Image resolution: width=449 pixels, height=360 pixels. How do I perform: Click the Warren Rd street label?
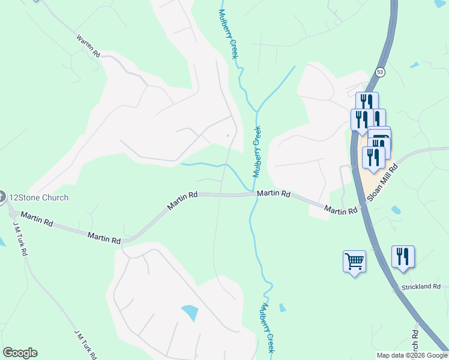click(88, 46)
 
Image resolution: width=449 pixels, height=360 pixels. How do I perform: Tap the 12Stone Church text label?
click(39, 197)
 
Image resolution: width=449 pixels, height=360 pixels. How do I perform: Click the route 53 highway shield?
click(380, 72)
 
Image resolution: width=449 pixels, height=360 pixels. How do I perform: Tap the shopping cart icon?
click(354, 261)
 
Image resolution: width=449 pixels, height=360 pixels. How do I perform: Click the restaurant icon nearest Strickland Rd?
click(402, 256)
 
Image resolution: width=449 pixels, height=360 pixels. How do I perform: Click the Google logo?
click(20, 353)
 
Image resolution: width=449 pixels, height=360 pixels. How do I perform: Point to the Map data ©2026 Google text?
click(412, 355)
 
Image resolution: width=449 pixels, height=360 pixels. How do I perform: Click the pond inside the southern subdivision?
click(189, 313)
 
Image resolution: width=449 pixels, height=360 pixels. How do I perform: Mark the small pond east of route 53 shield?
click(414, 64)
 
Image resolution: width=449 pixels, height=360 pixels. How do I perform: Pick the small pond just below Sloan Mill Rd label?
click(395, 211)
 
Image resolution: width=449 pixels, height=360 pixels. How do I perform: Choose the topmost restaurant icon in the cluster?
click(367, 101)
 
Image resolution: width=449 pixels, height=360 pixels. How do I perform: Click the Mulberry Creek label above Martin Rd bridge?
click(258, 152)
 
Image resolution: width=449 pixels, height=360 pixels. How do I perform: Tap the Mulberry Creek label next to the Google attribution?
click(268, 328)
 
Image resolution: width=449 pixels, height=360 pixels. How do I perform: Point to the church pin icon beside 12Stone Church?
click(2, 196)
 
